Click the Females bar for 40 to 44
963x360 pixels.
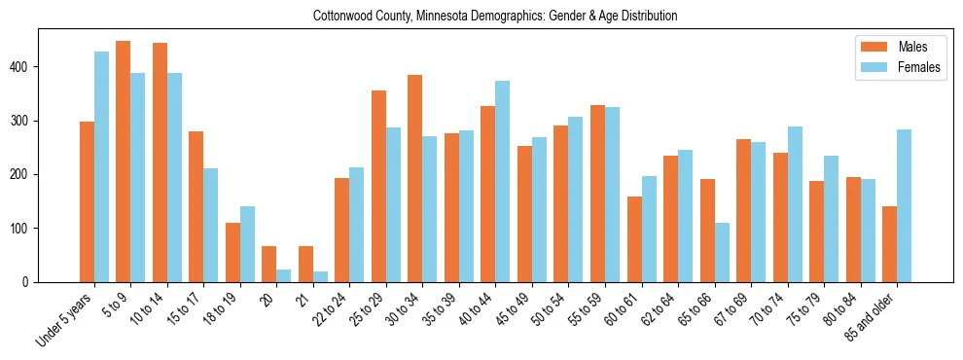(503, 181)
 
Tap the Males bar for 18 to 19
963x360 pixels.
(232, 252)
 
